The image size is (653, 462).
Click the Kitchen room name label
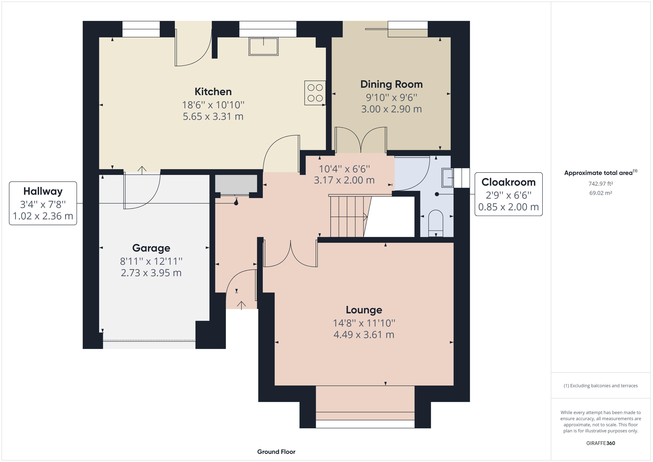(x=213, y=92)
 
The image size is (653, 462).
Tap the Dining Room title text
(x=391, y=84)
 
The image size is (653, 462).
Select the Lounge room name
(x=364, y=310)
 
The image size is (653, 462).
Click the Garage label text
(x=151, y=248)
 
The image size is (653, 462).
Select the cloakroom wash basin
(x=447, y=178)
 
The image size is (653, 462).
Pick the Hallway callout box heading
(x=43, y=191)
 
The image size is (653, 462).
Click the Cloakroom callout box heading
(x=508, y=182)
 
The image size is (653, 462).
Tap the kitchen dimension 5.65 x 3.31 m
(x=213, y=116)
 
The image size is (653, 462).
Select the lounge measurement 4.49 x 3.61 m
(x=364, y=334)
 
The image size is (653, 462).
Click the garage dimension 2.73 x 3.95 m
(x=151, y=273)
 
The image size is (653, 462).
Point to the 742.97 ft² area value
(x=601, y=184)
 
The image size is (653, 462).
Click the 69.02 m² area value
(x=601, y=193)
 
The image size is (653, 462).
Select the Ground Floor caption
(x=276, y=452)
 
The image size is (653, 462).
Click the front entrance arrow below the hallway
(x=242, y=305)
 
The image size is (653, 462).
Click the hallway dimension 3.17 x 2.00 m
(x=344, y=180)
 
